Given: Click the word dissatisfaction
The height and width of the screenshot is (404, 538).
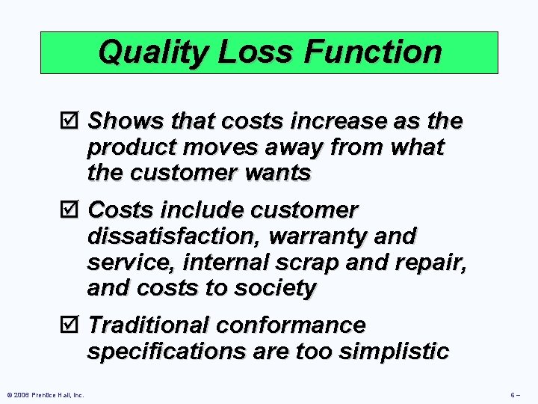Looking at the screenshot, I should [174, 236].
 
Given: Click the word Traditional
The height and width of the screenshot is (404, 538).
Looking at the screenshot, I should [149, 325].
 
